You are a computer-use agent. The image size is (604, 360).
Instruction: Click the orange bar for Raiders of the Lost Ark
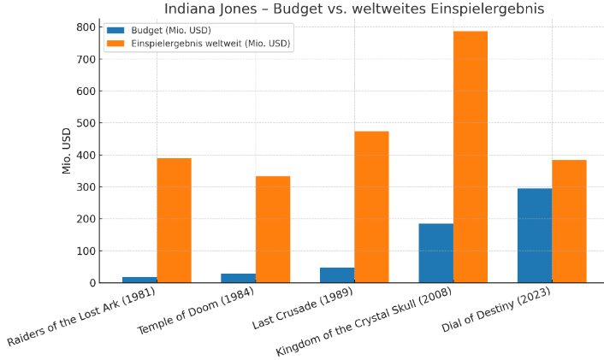(174, 221)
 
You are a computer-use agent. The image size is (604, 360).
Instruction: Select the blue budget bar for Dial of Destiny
(535, 236)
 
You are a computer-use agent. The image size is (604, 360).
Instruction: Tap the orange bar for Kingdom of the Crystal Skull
(470, 157)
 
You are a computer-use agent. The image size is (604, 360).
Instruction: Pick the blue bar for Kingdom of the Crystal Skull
(435, 253)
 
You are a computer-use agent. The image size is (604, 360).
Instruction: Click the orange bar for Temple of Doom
(273, 229)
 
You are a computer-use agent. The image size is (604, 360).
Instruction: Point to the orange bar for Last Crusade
(371, 207)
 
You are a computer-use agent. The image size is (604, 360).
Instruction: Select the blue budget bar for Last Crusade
(337, 275)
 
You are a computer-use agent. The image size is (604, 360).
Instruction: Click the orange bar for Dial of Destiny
(569, 221)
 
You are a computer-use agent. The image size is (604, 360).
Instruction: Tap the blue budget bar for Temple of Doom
(238, 278)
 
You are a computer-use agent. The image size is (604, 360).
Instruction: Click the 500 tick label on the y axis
(85, 123)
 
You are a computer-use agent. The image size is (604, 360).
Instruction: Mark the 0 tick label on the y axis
(92, 283)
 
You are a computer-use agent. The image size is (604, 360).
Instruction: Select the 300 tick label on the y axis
(85, 187)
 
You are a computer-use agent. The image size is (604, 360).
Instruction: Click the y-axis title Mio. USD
(67, 150)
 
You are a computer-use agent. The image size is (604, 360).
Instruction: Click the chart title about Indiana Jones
(353, 9)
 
